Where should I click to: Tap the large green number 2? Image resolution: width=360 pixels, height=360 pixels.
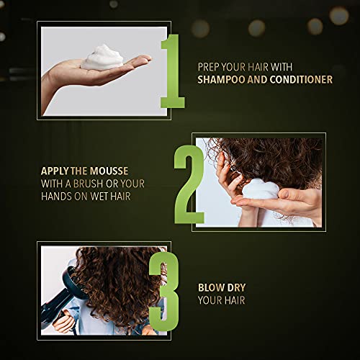coord(189,185)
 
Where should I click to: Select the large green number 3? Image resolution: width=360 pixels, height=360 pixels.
coord(164,291)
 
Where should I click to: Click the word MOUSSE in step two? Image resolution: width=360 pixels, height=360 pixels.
coord(109,171)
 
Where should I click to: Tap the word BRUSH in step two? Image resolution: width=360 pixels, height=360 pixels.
coord(88,184)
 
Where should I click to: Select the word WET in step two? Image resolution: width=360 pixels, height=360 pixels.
coord(99,197)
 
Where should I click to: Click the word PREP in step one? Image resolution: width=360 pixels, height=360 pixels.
coord(208,67)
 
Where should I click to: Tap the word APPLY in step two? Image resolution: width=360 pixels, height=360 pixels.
coord(55,171)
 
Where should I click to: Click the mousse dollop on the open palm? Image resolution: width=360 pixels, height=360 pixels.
coord(102,58)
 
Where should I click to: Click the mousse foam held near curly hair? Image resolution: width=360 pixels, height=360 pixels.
coord(260,189)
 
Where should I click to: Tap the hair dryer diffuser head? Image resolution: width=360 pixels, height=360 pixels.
coord(74,282)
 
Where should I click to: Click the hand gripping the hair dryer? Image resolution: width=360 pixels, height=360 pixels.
coord(64,323)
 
